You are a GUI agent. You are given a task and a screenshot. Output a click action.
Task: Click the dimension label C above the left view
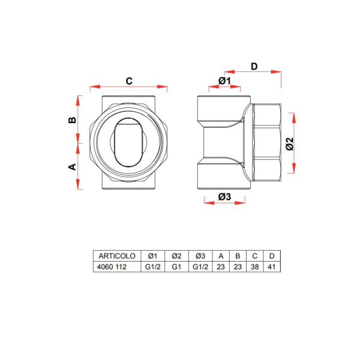128,80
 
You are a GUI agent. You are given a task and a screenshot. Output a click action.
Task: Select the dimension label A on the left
71,166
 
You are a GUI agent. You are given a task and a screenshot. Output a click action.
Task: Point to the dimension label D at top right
254,67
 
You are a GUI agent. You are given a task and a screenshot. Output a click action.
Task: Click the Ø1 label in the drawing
225,80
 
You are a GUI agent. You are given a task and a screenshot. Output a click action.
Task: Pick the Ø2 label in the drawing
290,143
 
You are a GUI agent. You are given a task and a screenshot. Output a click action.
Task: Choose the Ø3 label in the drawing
224,196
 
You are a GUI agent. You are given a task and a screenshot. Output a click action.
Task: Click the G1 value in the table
176,267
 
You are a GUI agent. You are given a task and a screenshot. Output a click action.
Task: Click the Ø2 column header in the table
176,256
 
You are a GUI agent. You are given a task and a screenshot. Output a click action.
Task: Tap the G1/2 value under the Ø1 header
152,267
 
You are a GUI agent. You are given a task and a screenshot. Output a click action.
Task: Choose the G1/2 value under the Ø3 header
200,267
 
